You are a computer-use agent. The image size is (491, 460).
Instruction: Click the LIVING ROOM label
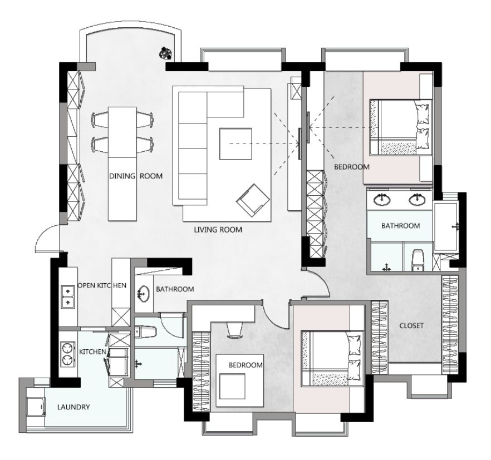[218, 230]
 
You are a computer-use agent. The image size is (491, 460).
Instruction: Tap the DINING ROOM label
[136, 176]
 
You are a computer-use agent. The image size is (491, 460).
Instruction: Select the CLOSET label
[411, 326]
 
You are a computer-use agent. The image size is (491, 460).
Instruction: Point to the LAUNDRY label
[73, 407]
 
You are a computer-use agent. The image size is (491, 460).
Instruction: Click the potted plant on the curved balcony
[165, 53]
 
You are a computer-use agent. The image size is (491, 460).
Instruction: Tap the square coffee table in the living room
[235, 144]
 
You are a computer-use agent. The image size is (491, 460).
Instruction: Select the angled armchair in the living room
[253, 200]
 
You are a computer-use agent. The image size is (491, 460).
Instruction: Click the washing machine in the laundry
[36, 407]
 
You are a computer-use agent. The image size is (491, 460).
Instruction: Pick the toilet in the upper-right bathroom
[417, 260]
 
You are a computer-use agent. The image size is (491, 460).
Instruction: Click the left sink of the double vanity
[382, 199]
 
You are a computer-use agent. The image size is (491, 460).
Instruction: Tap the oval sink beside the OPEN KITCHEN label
[143, 294]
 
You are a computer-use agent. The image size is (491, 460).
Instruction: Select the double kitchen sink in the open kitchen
[67, 296]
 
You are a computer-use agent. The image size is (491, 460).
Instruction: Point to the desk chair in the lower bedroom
[235, 330]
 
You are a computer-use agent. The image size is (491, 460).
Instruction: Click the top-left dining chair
[100, 120]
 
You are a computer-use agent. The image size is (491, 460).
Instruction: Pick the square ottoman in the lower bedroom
[232, 387]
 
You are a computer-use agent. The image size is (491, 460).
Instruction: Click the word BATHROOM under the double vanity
[400, 226]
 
